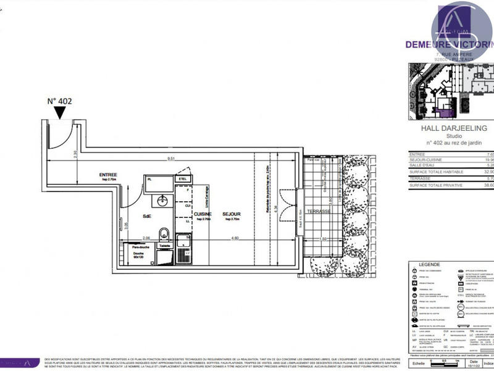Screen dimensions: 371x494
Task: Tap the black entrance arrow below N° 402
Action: (x=60, y=112)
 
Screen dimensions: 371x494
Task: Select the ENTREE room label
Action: (x=108, y=175)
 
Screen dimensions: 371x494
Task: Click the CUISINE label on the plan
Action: (x=203, y=214)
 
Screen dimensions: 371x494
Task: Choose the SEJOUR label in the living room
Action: (x=232, y=214)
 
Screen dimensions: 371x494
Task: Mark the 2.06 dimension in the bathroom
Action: (x=146, y=239)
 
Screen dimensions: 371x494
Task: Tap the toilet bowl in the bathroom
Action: (x=164, y=233)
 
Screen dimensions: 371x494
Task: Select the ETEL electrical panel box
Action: (x=183, y=179)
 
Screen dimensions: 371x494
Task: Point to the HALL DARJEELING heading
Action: (x=453, y=128)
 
